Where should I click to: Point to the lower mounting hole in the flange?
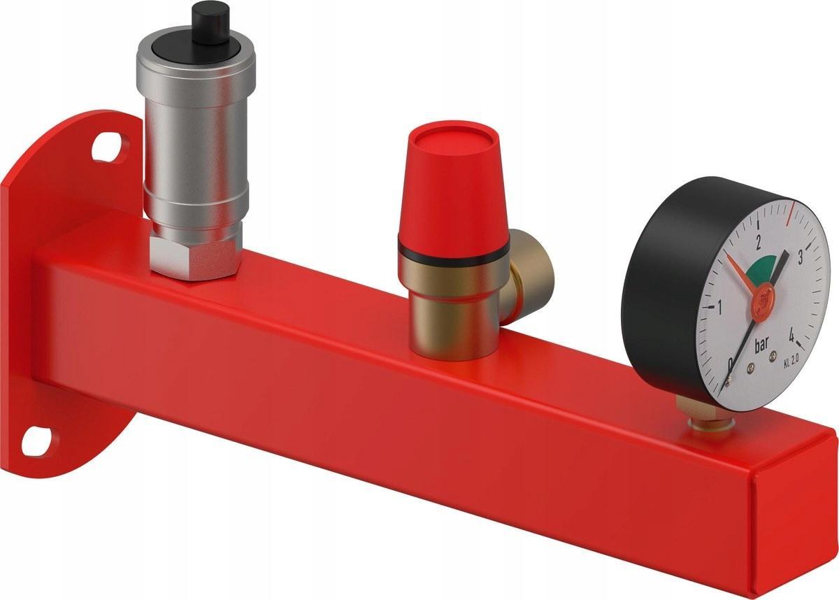34,441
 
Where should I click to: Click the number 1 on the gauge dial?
719,306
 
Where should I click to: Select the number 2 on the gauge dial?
759,243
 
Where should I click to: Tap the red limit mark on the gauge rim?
791,214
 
